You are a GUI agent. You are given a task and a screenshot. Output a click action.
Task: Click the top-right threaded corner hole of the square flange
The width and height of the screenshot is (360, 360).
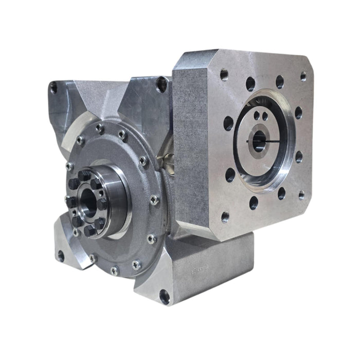pos(303,76)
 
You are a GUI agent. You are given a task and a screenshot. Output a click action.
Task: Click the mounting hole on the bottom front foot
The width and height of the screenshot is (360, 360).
pos(164,296)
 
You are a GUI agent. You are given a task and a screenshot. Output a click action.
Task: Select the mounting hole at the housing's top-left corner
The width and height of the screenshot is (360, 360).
pos(53,89)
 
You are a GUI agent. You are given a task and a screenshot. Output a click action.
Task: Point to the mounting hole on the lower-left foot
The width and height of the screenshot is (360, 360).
pos(61,256)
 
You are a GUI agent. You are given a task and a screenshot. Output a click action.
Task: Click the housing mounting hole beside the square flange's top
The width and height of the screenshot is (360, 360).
pos(161,84)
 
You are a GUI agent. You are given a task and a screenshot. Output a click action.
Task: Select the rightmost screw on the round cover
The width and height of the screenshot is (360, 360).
pos(154,201)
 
